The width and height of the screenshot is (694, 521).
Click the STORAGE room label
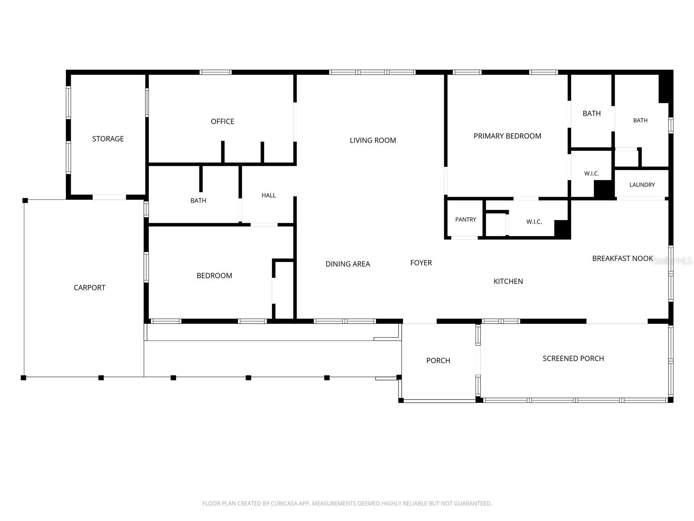pos(108,138)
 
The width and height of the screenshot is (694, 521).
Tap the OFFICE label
pos(222,122)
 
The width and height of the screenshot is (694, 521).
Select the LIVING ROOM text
pos(373,140)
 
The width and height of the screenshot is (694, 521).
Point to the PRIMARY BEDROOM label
pos(507,136)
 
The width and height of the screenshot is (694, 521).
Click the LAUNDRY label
pos(642,185)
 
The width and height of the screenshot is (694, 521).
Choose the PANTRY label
pos(465,220)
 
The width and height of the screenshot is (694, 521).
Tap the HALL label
pos(268,195)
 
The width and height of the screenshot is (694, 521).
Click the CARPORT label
pos(89,287)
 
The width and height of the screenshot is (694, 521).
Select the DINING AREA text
pos(347,264)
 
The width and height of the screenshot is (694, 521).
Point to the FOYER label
pos(421,263)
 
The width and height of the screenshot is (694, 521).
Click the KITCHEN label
pos(508,281)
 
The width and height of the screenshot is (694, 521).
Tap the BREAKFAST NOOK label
pos(622,258)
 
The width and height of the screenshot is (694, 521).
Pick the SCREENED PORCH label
pos(573,359)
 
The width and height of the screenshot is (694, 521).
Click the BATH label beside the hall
pos(198,201)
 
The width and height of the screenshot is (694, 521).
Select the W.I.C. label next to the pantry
pos(534,222)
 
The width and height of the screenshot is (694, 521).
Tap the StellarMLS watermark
pos(672,260)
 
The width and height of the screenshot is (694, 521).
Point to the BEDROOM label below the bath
pos(214,276)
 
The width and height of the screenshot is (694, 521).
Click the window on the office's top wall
pos(215,72)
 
